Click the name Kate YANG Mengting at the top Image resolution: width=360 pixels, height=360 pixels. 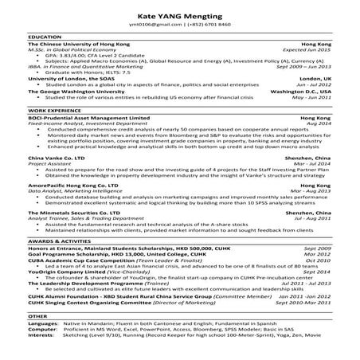tap(180, 16)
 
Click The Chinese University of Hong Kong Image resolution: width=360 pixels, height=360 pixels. tap(77, 43)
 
